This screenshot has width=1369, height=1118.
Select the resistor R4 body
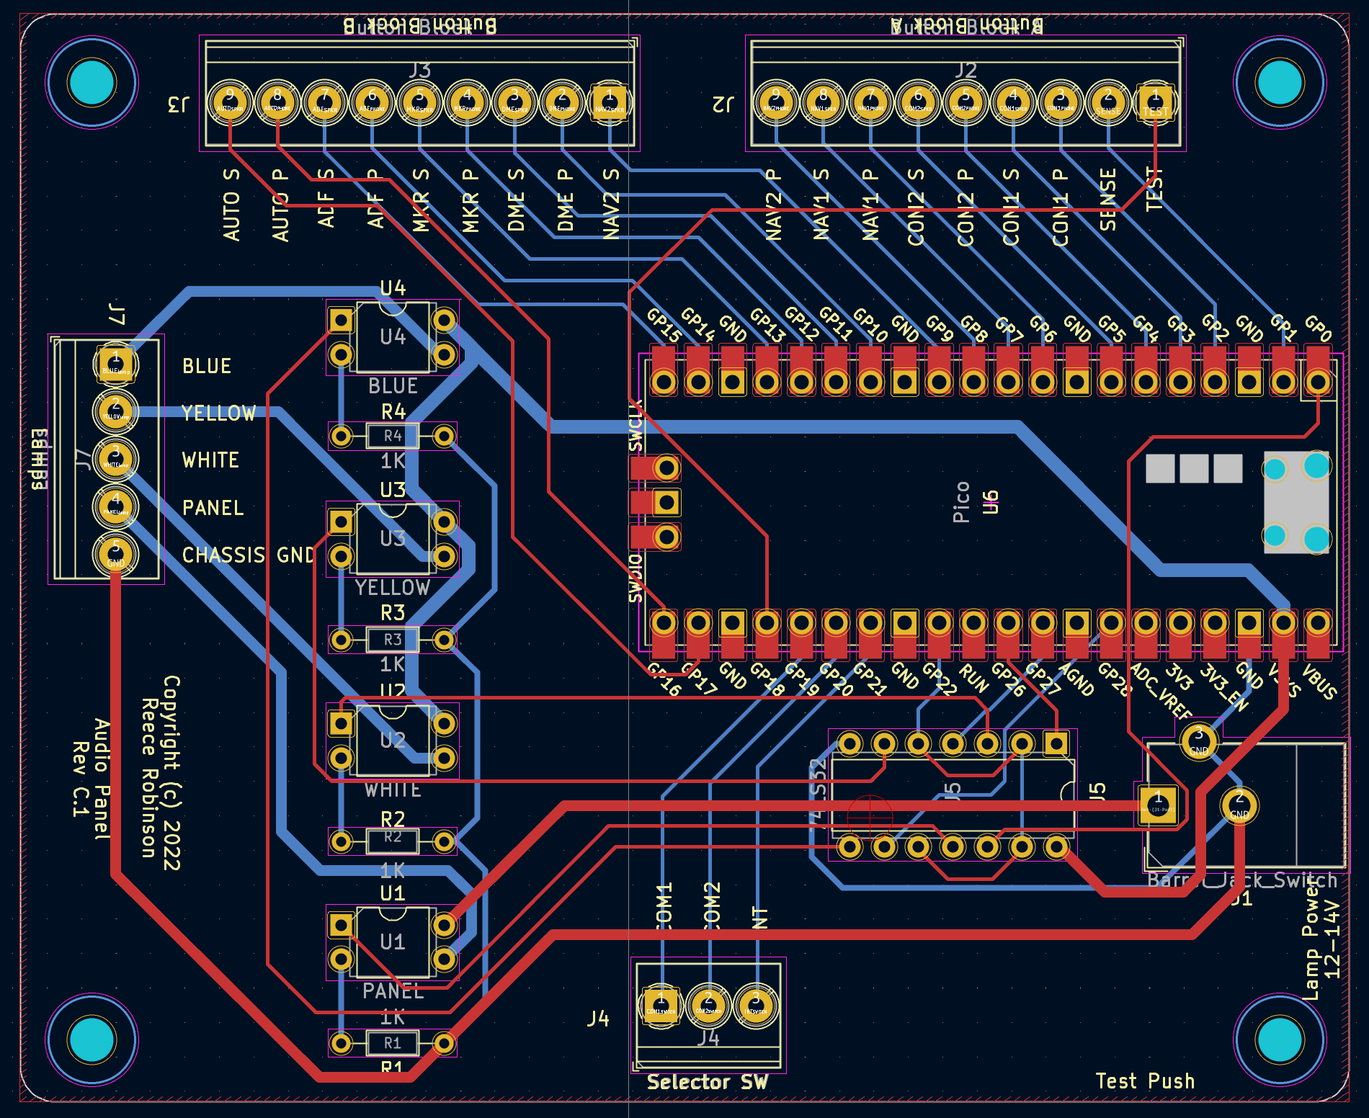(x=392, y=436)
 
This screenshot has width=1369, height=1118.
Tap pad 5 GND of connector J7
(x=115, y=554)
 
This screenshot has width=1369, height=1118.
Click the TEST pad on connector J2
(x=1155, y=103)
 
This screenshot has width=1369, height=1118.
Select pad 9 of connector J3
(x=230, y=102)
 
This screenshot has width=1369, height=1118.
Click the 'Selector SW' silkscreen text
(x=707, y=1082)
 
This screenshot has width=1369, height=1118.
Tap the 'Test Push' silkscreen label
(x=1145, y=1081)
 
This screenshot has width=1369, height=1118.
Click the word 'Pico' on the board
(x=961, y=502)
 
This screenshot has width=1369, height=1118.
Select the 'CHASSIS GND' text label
(x=248, y=555)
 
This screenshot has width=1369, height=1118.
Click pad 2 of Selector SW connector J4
(x=708, y=1003)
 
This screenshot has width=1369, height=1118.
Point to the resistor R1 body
(x=392, y=1043)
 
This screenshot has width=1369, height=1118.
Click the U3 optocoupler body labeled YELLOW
(x=392, y=539)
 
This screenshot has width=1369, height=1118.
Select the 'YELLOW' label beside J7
(x=218, y=413)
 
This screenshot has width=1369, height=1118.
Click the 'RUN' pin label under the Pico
(x=973, y=679)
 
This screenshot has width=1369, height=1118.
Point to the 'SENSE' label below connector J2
(x=1108, y=200)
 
